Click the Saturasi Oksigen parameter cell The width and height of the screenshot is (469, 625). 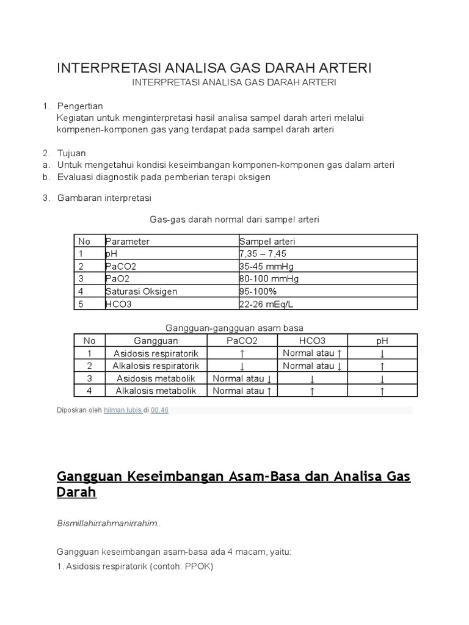141,291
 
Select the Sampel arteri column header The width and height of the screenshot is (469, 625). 267,241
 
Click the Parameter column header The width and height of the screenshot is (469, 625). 127,241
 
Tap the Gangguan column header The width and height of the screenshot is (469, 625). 156,341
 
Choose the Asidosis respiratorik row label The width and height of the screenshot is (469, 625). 156,353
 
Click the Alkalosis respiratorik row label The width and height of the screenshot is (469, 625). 156,366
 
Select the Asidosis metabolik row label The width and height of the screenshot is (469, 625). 156,378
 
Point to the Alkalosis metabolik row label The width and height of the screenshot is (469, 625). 156,391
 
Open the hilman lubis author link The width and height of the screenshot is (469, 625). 122,410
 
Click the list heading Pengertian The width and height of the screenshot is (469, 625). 80,106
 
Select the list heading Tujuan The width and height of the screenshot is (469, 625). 71,153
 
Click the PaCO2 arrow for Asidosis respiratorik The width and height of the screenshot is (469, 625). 242,354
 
